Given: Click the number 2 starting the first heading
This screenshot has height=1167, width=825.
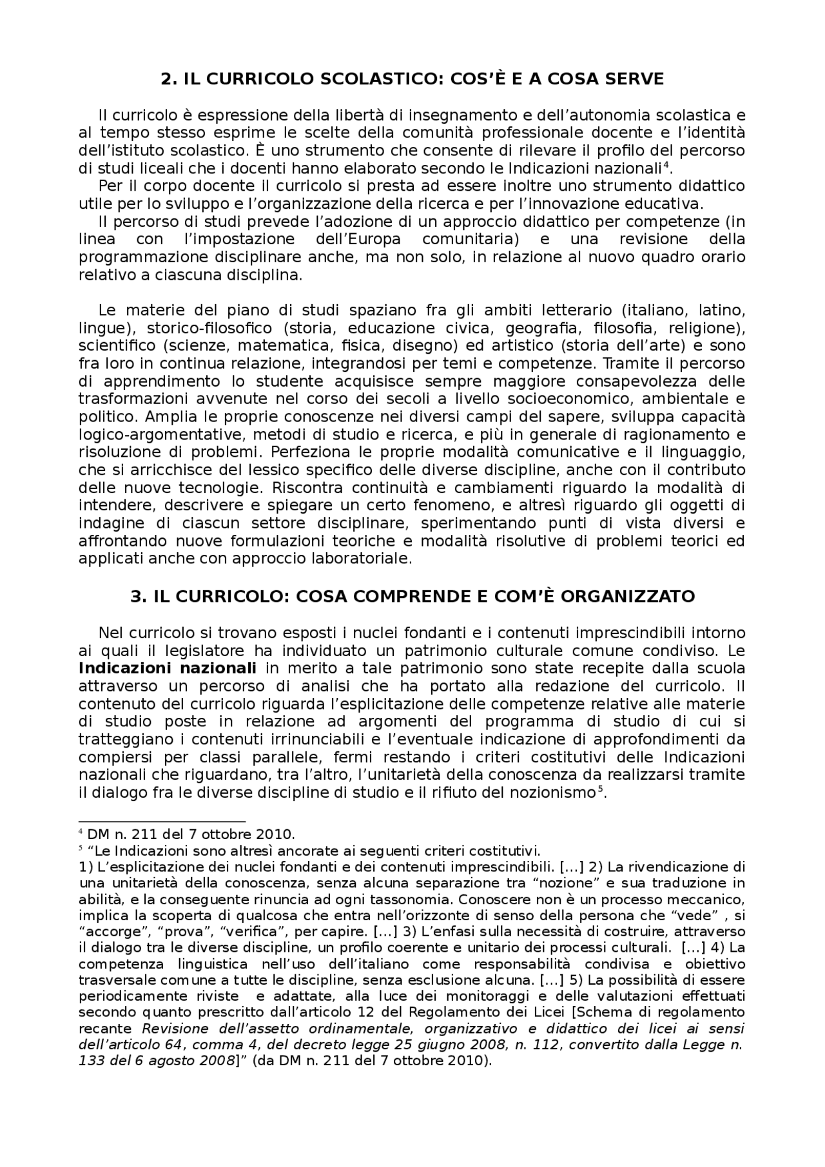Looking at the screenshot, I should click(x=166, y=79).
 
